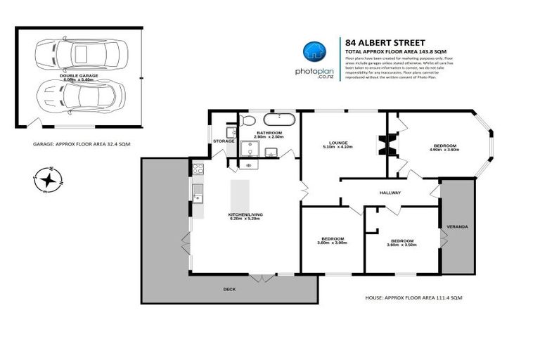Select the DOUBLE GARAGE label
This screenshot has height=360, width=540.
click(79, 75)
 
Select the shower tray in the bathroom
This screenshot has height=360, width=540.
click(250, 149)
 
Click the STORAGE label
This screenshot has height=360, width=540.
click(224, 141)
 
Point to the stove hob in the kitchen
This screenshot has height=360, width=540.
click(198, 169)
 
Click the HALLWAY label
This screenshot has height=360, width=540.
click(390, 192)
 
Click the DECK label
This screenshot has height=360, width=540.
click(229, 288)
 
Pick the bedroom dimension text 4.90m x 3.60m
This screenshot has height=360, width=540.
click(445, 150)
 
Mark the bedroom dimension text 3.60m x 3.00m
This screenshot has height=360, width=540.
click(332, 243)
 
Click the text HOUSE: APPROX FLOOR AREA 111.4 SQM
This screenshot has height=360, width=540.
click(413, 298)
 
